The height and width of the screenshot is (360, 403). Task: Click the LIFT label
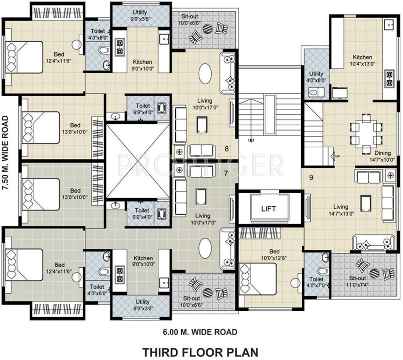click(269, 209)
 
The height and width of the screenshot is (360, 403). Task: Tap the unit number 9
click(311, 177)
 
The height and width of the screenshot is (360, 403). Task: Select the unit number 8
click(226, 149)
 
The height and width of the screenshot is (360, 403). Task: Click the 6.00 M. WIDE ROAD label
click(200, 332)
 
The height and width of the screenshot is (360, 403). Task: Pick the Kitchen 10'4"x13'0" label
click(362, 60)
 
